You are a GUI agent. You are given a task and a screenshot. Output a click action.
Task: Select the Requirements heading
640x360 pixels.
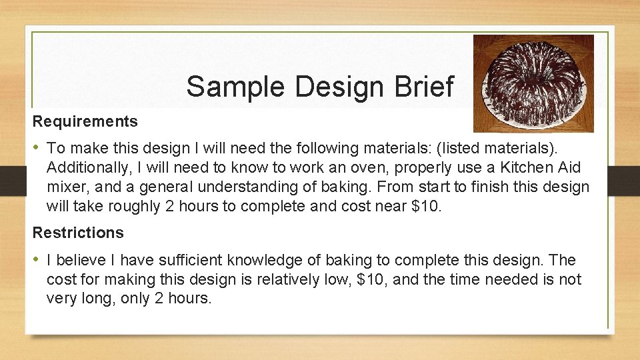85,121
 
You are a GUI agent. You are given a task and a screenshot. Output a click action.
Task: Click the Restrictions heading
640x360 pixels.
78,233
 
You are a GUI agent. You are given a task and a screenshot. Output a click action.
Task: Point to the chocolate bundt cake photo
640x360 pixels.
533,83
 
